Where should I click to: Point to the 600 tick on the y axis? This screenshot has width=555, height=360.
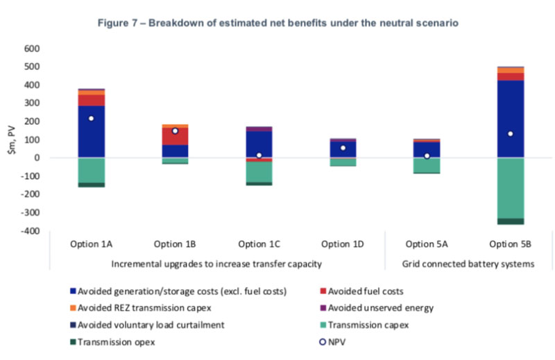[x=33, y=49]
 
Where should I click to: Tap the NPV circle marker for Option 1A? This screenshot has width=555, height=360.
[x=92, y=119]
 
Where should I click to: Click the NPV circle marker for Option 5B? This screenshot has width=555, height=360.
[x=511, y=134]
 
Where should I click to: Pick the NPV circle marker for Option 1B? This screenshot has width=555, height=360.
[x=175, y=130]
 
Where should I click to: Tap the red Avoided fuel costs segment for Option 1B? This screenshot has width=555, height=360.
[x=175, y=136]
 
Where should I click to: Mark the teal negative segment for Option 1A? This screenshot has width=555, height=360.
[x=92, y=170]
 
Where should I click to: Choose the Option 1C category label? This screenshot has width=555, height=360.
[x=259, y=244]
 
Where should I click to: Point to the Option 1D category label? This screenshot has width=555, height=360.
[x=343, y=244]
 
